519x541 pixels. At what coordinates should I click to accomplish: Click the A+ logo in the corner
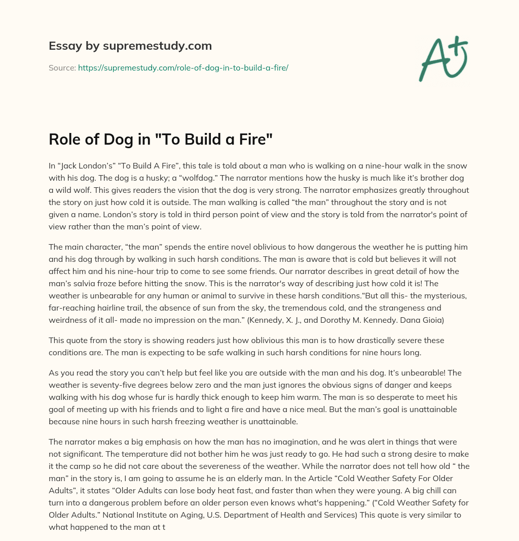point(442,58)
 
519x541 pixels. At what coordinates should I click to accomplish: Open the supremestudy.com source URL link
point(183,67)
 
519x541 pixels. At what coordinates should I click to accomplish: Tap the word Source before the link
point(62,67)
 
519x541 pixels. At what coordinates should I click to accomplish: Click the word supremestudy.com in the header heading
point(157,46)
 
